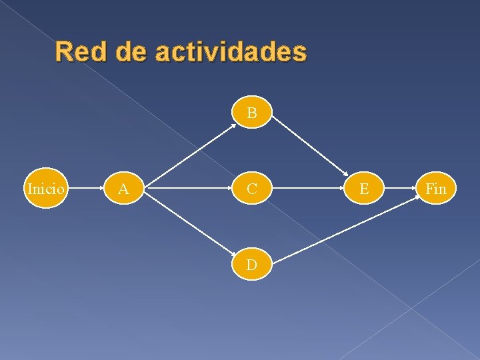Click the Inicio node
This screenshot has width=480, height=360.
point(45,189)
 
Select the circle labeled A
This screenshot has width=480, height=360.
point(123,189)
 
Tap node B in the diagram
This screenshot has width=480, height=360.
point(252,113)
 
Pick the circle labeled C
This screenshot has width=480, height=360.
point(252,189)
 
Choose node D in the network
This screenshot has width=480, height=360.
point(252,265)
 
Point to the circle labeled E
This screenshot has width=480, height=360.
point(364,189)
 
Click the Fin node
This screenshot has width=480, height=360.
point(436,189)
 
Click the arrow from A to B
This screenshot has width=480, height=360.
point(189,152)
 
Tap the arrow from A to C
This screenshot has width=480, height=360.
point(188,189)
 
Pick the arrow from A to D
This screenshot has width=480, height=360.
point(189,227)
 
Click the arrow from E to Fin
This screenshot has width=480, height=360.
point(400,189)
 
